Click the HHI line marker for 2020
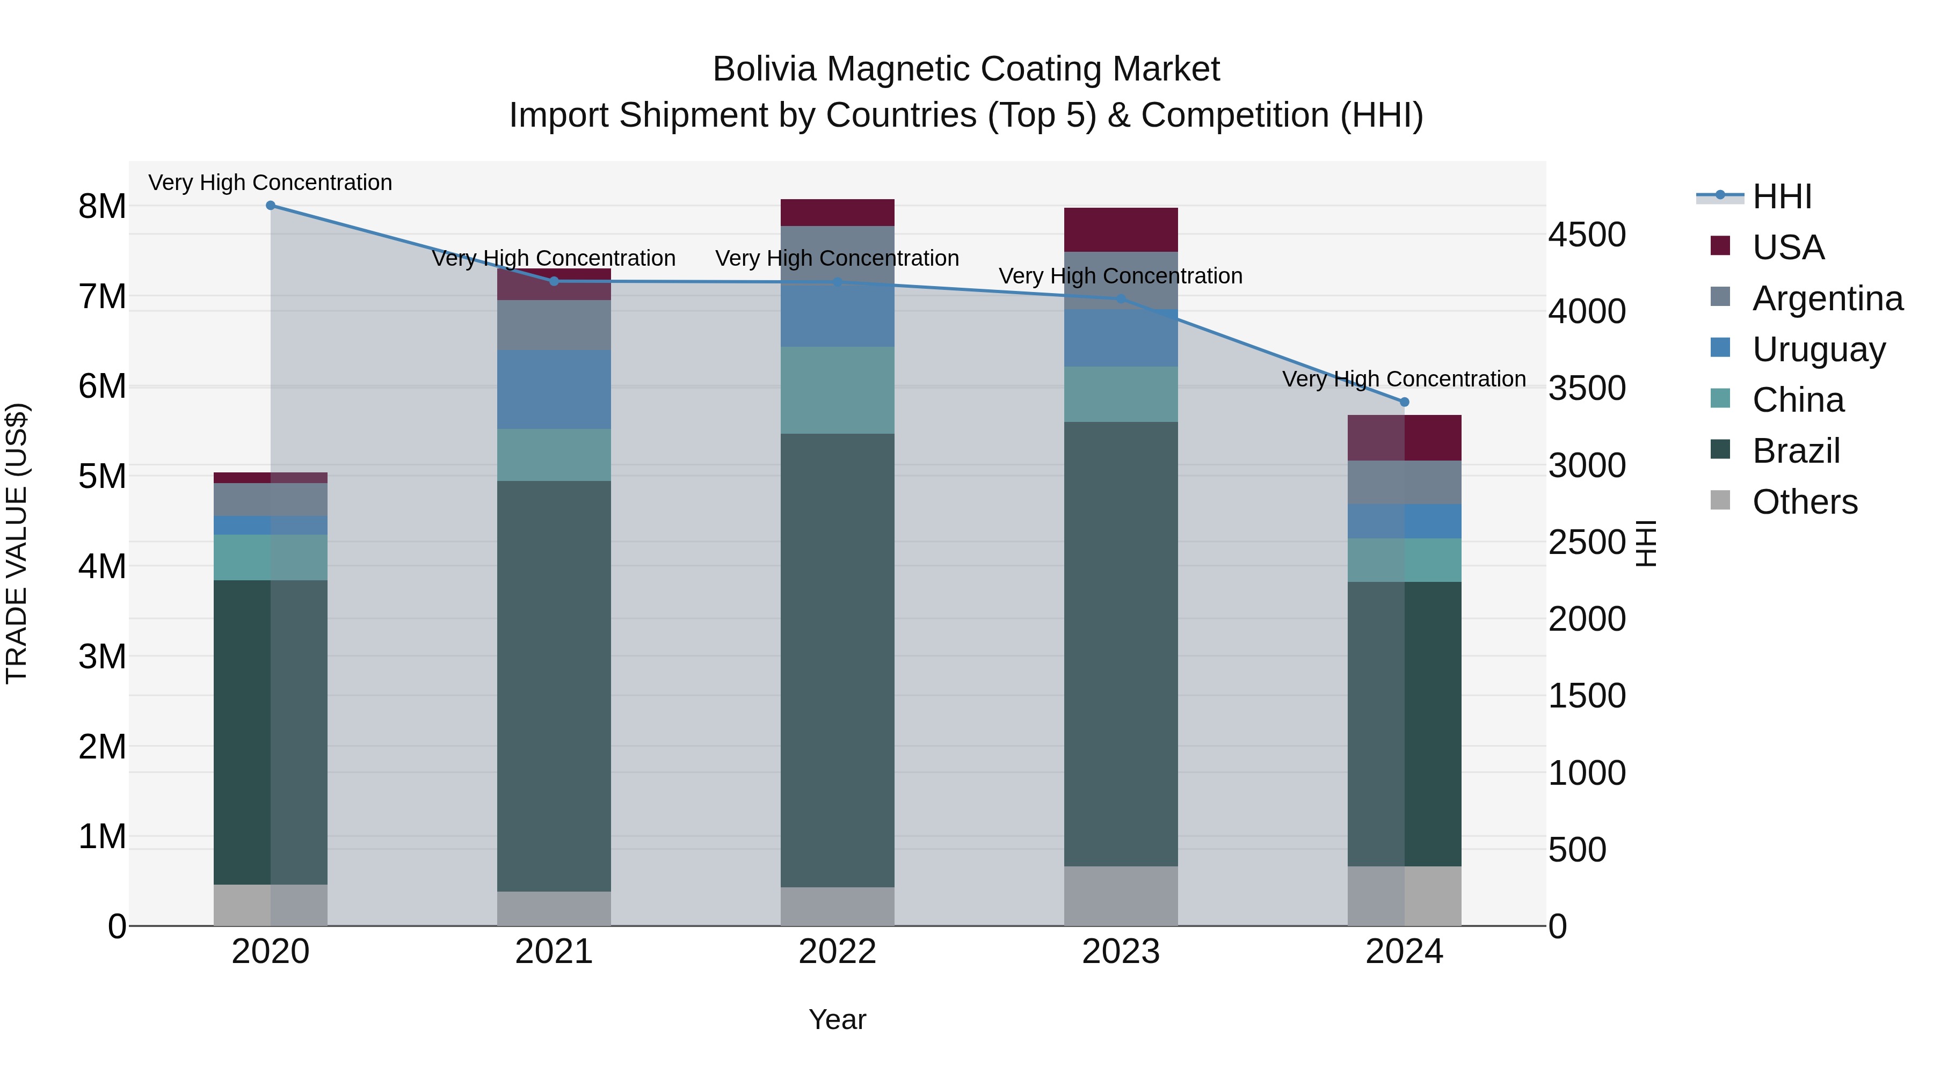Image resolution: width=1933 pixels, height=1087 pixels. pyautogui.click(x=271, y=206)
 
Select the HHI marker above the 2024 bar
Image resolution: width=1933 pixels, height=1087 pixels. pyautogui.click(x=1405, y=402)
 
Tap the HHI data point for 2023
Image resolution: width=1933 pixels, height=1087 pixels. pyautogui.click(x=1121, y=300)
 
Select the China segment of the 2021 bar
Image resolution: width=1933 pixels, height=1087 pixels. pyautogui.click(x=554, y=455)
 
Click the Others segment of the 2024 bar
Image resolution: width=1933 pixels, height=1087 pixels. pyautogui.click(x=1405, y=896)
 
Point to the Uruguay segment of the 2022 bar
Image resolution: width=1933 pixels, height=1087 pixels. pyautogui.click(x=838, y=315)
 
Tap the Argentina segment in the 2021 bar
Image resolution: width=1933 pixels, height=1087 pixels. pyautogui.click(x=554, y=325)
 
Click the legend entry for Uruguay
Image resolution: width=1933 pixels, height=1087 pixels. pyautogui.click(x=1818, y=349)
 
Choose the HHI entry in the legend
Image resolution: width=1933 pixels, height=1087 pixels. pyautogui.click(x=1782, y=196)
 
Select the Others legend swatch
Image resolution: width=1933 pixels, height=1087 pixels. pyautogui.click(x=1720, y=500)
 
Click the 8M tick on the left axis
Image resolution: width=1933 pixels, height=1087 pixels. pyautogui.click(x=102, y=206)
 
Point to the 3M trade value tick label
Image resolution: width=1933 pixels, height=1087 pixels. pyautogui.click(x=102, y=656)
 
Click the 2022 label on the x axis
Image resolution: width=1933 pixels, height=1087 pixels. pyautogui.click(x=838, y=952)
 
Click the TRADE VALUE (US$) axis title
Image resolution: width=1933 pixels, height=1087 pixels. pyautogui.click(x=17, y=543)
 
